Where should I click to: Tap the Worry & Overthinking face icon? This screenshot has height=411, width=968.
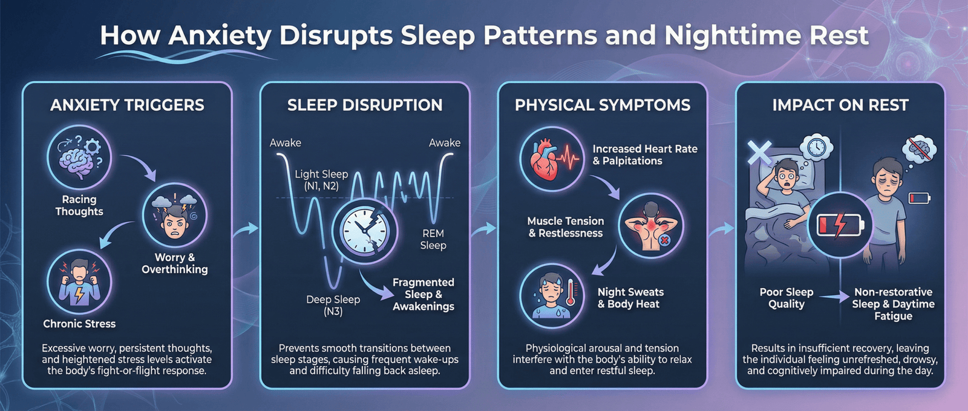pyautogui.click(x=175, y=215)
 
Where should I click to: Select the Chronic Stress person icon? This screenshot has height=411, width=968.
pyautogui.click(x=79, y=282)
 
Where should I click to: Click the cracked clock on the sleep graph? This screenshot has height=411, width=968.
pyautogui.click(x=365, y=232)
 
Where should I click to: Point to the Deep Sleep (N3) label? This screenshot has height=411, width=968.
pyautogui.click(x=333, y=305)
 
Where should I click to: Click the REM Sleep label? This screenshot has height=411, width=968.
pyautogui.click(x=433, y=240)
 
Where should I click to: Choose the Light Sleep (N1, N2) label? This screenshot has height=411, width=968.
pyautogui.click(x=321, y=180)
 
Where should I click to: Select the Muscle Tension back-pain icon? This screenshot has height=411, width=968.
pyautogui.click(x=651, y=226)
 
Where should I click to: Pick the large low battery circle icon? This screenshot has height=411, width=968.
pyautogui.click(x=840, y=226)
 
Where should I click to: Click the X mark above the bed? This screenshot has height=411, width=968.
pyautogui.click(x=759, y=153)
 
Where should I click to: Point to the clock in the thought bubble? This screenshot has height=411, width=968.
pyautogui.click(x=816, y=147)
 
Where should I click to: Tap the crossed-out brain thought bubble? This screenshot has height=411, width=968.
pyautogui.click(x=919, y=149)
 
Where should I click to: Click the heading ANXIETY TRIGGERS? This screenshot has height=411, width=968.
pyautogui.click(x=127, y=105)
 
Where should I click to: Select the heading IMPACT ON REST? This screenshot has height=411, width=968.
pyautogui.click(x=840, y=105)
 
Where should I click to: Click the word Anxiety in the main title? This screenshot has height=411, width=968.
pyautogui.click(x=220, y=36)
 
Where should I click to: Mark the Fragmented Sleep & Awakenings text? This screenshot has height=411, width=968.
pyautogui.click(x=423, y=294)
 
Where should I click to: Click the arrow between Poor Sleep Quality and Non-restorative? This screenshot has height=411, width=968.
pyautogui.click(x=834, y=297)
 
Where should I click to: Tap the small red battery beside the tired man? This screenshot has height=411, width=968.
pyautogui.click(x=920, y=198)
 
